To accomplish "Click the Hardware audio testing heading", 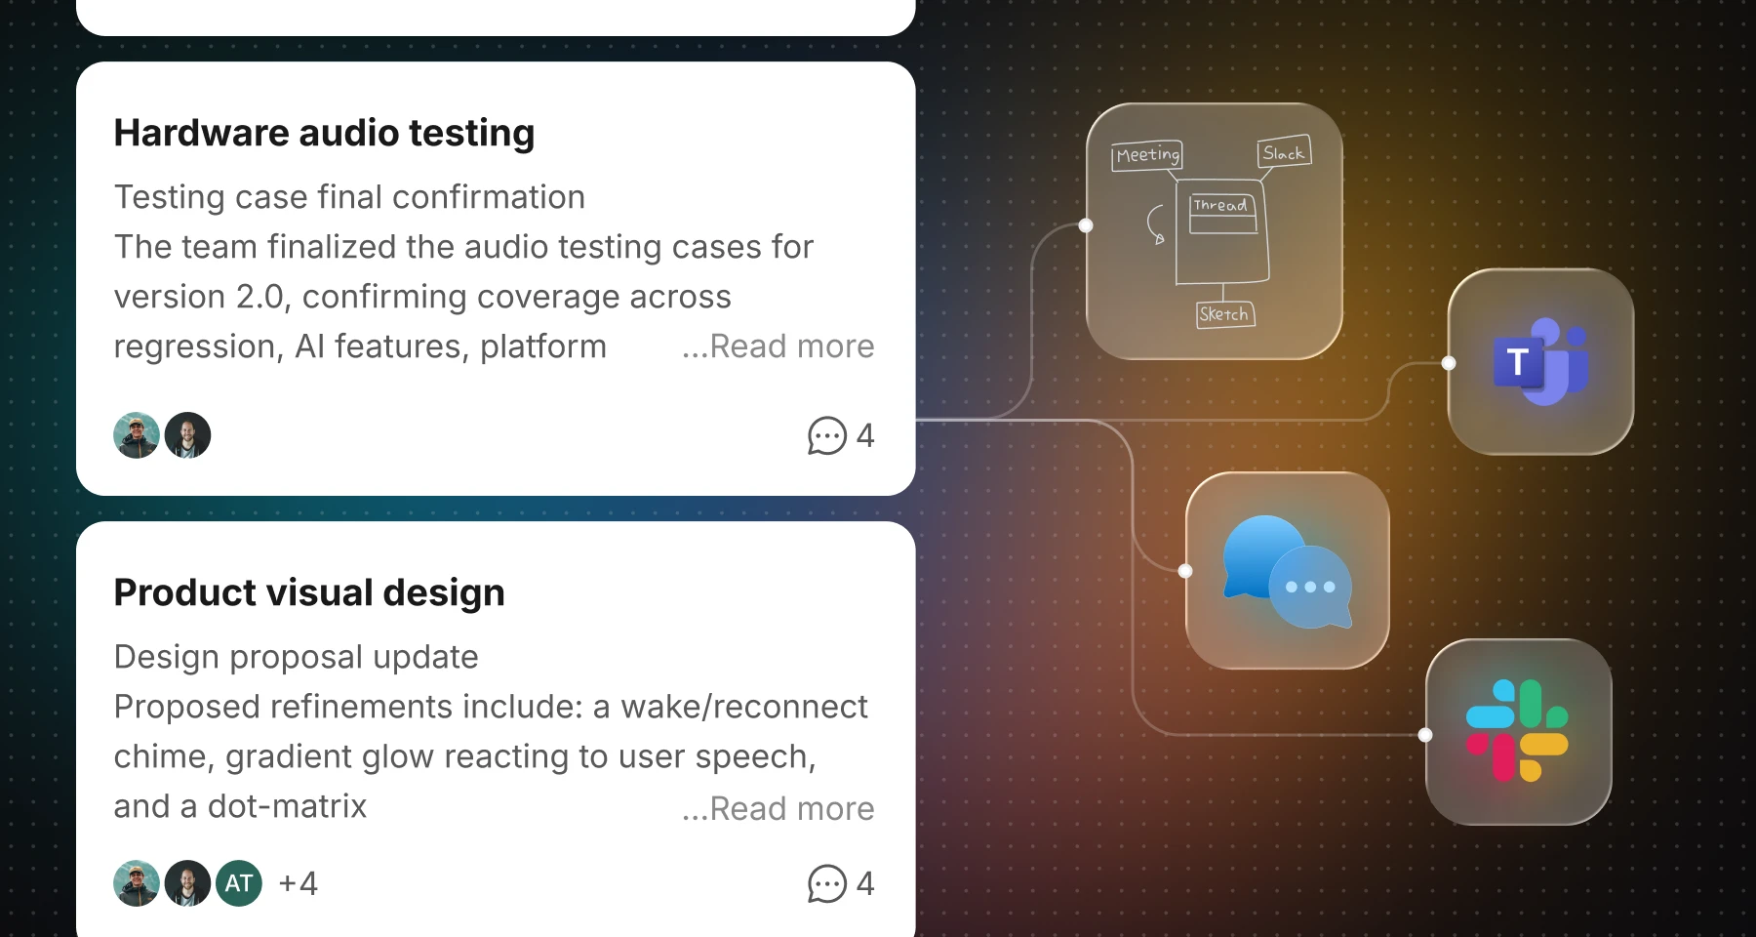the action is click(324, 134).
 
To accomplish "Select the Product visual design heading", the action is click(309, 593).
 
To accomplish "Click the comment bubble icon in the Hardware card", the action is click(826, 435).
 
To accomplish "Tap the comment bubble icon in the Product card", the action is click(826, 884).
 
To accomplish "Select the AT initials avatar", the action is click(239, 883).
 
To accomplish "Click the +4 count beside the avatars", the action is click(299, 884).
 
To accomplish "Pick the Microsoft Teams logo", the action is click(1541, 361).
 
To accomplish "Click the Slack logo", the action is click(1517, 731).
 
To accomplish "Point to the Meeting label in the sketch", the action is click(1147, 155).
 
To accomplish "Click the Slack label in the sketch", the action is click(1284, 152).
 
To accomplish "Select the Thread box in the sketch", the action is click(1222, 213).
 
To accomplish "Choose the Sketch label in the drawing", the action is click(1224, 314).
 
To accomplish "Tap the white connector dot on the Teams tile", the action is click(1449, 363).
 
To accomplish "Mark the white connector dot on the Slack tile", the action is click(1425, 735).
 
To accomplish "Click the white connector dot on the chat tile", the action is click(1185, 571).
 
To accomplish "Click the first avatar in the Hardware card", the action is click(137, 435).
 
